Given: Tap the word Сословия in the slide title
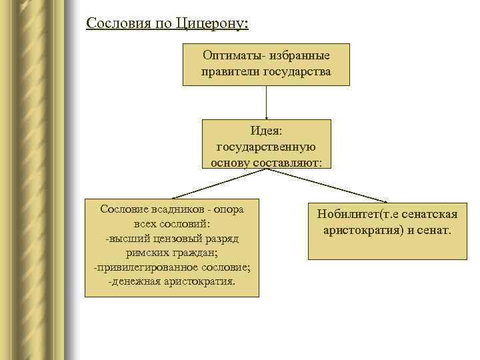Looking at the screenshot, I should pos(116,24).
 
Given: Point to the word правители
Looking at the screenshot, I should pos(231,71).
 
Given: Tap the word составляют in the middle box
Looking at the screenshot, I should pos(287,162).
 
